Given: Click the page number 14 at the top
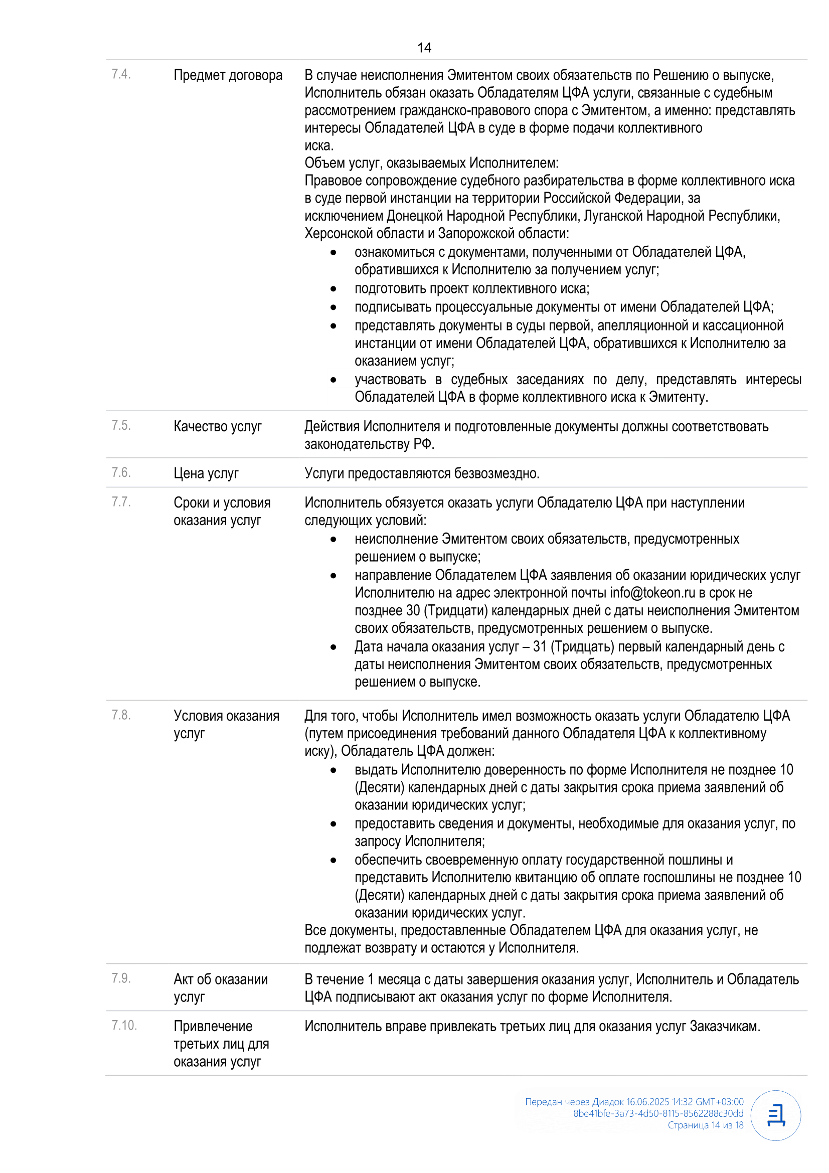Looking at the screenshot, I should tap(424, 48).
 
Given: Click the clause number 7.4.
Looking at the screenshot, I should tap(121, 75).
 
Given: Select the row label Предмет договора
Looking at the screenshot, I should tap(228, 76).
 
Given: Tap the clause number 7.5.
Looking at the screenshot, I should tap(121, 426).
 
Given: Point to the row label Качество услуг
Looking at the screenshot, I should tap(218, 427).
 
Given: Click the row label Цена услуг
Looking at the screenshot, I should tap(206, 473).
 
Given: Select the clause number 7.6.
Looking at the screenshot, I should tap(121, 472).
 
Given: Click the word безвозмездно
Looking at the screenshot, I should tap(496, 473).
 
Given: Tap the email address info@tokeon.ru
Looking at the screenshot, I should tap(652, 593).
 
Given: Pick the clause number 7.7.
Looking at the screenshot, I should tap(121, 502).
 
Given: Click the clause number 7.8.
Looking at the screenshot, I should tap(121, 715).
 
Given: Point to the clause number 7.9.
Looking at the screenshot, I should tap(121, 978).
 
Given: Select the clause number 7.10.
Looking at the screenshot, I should tap(124, 1026).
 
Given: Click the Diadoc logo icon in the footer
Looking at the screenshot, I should tap(775, 1115).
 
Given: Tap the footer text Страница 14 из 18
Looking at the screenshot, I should tap(706, 1125).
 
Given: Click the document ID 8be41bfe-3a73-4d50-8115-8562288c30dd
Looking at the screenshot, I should tap(658, 1113).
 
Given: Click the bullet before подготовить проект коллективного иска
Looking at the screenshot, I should tap(334, 289).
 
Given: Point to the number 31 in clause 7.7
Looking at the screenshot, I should tap(540, 647).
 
